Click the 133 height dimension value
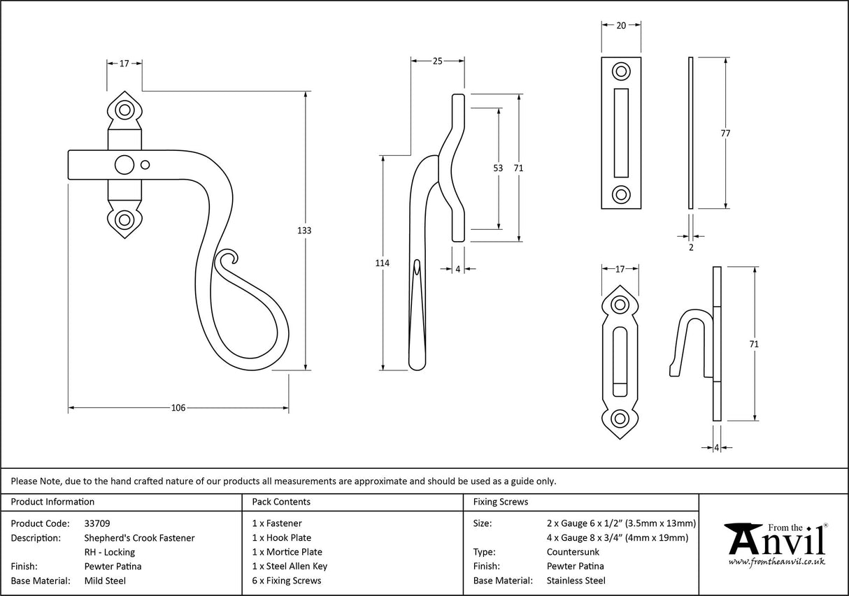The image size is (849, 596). point(305,231)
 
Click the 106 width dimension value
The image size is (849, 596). point(178,408)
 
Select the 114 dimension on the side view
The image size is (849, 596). point(383,263)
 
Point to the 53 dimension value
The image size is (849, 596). point(498,168)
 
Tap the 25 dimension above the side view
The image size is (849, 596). point(437,61)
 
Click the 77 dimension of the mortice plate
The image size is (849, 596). point(725,133)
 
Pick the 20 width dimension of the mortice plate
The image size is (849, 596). point(620,26)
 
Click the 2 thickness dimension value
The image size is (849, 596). point(691,247)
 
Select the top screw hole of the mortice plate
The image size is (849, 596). point(620,71)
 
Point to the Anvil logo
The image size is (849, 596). point(775,544)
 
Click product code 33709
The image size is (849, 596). point(97,523)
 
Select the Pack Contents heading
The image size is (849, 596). point(281,502)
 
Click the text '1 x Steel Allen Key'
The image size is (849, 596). point(290,566)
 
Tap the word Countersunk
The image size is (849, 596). point(573,552)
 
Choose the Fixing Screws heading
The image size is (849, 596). point(501,502)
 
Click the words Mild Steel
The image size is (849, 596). point(105,581)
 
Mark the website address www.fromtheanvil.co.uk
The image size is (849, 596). point(776,562)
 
